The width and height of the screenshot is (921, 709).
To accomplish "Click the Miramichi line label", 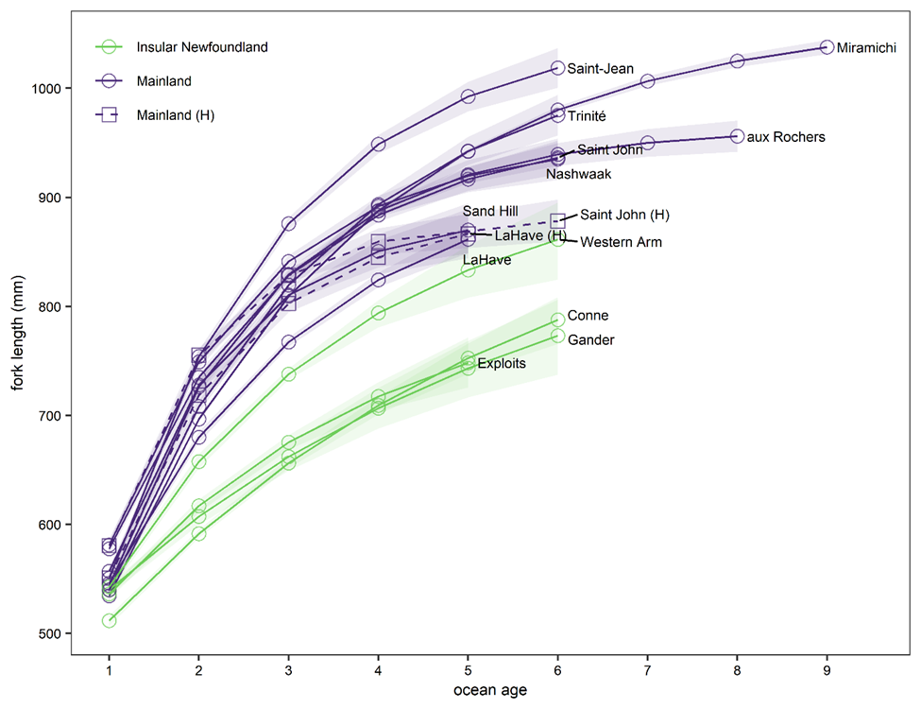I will coord(866,47).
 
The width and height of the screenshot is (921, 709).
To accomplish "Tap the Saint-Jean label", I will coord(600,69).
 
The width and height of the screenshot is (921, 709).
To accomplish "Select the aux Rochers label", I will coord(786,137).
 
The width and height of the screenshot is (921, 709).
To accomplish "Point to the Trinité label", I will coord(587,115).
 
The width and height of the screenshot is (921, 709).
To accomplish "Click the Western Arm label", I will coord(621,242).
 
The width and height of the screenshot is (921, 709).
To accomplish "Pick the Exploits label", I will coord(502,363).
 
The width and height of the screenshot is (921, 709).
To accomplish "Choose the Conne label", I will coord(588,316).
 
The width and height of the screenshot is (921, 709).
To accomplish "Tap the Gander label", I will coord(591,340).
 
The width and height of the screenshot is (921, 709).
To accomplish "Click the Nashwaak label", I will coord(578,174).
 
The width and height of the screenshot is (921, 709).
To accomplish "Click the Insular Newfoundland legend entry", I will coord(202,46).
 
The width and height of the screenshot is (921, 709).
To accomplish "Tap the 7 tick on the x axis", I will coord(648,667).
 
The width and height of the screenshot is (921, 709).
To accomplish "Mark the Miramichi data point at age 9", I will coord(827,47).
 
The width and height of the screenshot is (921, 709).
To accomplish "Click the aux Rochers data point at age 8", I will coord(738,136).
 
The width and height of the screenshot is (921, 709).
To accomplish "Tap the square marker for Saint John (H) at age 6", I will coord(557,220).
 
